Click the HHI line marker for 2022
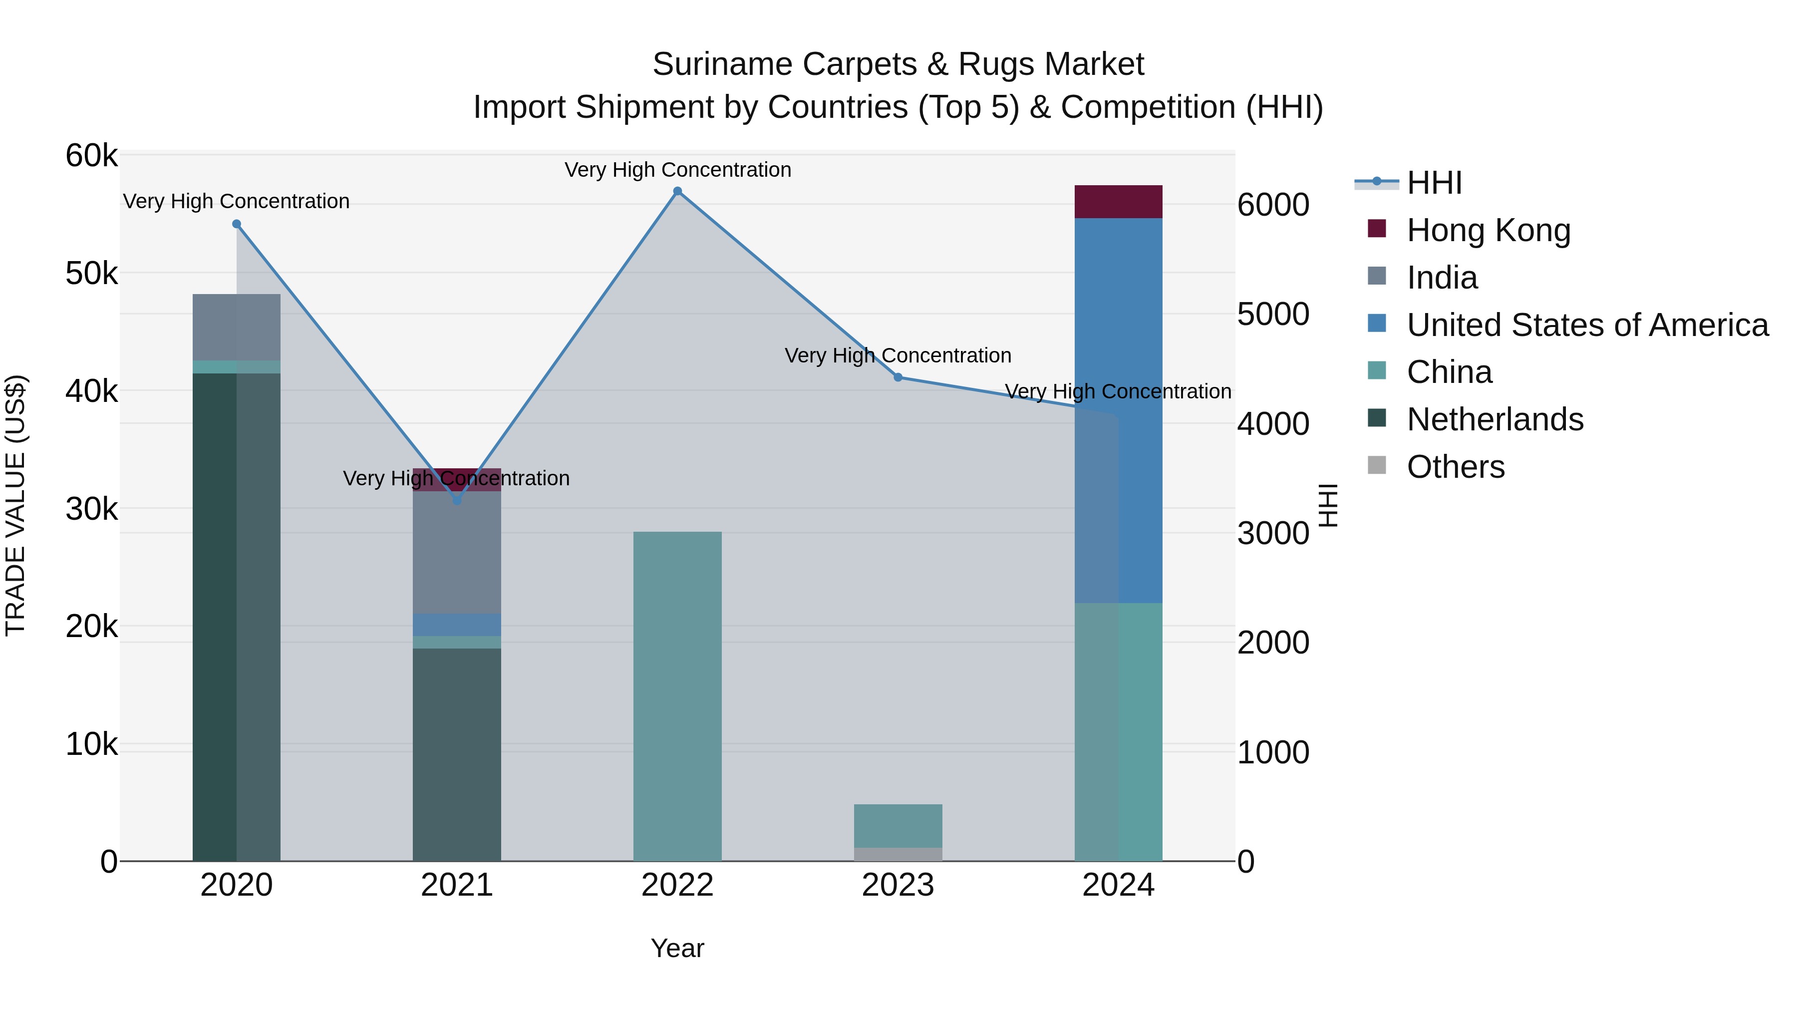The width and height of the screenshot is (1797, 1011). coord(677,191)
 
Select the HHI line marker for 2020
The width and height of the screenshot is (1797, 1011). coord(237,224)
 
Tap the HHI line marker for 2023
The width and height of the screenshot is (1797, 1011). coord(898,377)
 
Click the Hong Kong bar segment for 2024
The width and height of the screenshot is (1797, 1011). coord(1118,202)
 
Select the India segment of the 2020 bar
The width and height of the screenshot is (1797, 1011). coord(237,327)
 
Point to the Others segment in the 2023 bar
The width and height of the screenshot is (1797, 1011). coord(898,854)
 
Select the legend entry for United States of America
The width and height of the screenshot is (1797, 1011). coord(1587,325)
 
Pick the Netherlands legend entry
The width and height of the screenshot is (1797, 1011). coord(1495,419)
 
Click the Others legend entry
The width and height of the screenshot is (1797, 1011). coord(1455,467)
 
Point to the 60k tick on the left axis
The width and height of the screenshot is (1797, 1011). coord(91,156)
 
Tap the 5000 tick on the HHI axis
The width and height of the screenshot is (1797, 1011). coord(1273,314)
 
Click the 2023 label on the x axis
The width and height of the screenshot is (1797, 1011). coord(898,885)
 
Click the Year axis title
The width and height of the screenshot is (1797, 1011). coord(677,948)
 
